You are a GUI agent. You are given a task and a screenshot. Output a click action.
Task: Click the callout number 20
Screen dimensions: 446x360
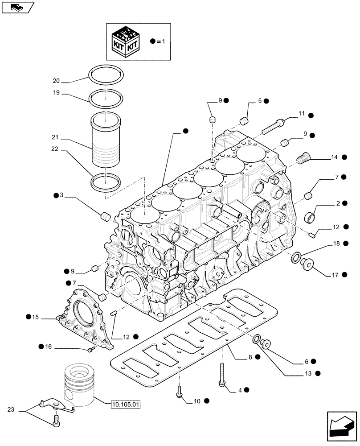[55, 81]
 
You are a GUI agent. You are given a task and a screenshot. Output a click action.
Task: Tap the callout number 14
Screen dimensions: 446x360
[335, 157]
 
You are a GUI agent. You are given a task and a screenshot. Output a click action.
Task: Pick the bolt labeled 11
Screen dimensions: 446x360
[271, 125]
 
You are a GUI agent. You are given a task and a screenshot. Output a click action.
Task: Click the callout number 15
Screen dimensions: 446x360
[35, 317]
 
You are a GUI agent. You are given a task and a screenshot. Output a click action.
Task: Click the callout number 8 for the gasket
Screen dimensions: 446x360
[250, 357]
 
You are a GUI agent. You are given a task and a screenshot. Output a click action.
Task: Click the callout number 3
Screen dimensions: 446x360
[62, 195]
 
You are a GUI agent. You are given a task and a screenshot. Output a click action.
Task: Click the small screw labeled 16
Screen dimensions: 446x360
[91, 349]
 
